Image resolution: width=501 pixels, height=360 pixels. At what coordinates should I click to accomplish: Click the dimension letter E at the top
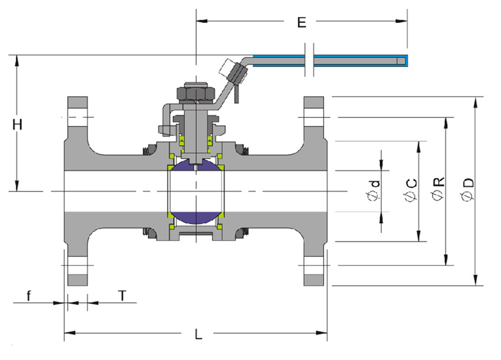tap(302, 22)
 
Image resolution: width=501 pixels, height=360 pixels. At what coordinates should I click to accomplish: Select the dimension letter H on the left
tap(18, 124)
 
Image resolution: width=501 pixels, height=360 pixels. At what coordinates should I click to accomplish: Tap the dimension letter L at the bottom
tap(199, 334)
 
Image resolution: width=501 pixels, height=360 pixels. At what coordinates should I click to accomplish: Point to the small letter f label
tap(29, 296)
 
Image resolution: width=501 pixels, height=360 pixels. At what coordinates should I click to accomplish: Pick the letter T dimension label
tap(123, 296)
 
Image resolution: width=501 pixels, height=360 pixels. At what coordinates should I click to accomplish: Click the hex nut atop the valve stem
tap(196, 92)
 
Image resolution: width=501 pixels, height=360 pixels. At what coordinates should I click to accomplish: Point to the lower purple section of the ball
tap(196, 217)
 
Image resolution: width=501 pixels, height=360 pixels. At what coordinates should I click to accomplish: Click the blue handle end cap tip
tap(404, 61)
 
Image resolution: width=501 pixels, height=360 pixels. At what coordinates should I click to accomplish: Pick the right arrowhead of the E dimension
tap(401, 21)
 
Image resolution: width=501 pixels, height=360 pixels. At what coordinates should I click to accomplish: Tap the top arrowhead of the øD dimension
tap(476, 102)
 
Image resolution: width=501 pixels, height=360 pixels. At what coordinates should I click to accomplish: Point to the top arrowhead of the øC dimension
tap(418, 147)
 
